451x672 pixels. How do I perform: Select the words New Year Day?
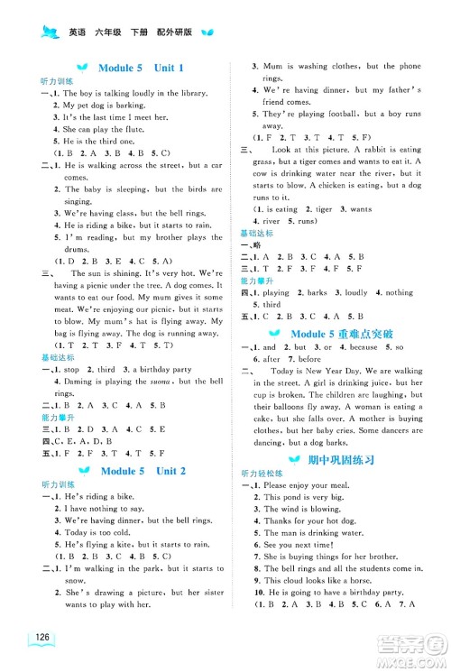click(x=340, y=371)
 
